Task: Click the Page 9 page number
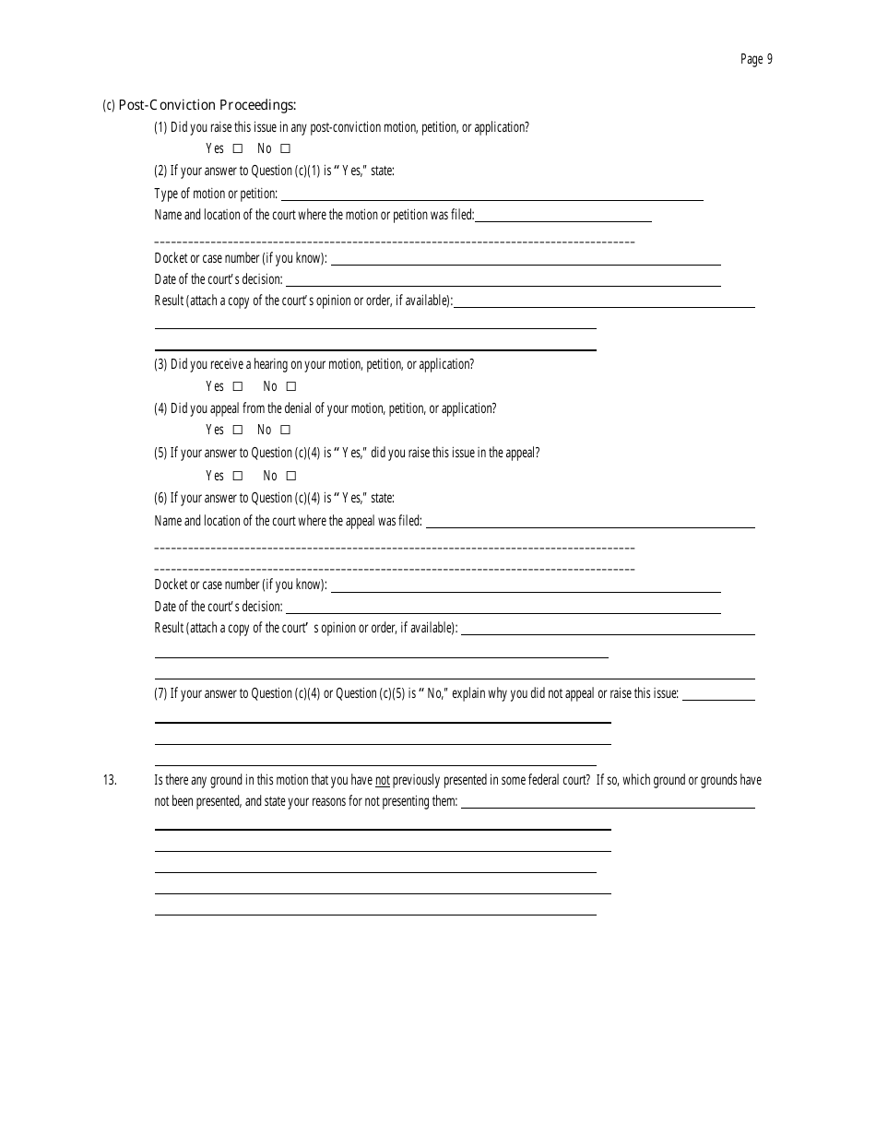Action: click(756, 60)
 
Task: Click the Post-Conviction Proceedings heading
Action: click(207, 105)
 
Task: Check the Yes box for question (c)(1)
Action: click(238, 148)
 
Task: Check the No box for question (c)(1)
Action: click(286, 148)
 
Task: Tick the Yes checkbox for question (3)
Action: click(238, 386)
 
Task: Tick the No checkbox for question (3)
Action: click(291, 386)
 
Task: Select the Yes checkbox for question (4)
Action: click(238, 430)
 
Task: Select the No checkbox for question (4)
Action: click(286, 430)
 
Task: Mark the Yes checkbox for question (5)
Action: click(238, 476)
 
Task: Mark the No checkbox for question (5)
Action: click(291, 476)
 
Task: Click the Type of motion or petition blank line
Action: click(491, 195)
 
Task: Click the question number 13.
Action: click(110, 780)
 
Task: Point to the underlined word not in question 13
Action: click(383, 780)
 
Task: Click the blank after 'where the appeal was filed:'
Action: click(590, 523)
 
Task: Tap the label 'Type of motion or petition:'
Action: click(216, 194)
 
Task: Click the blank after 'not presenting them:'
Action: click(608, 804)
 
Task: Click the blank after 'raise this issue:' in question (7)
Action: click(718, 695)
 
